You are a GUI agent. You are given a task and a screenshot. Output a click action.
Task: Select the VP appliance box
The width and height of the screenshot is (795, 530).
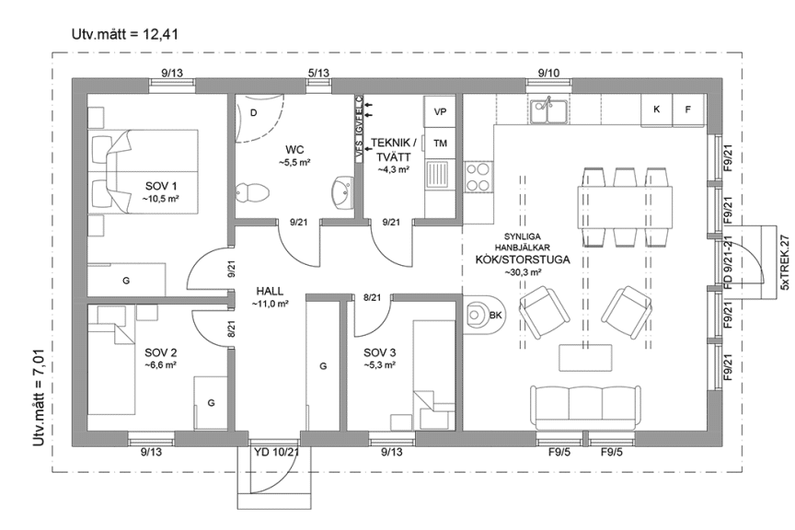[440, 112]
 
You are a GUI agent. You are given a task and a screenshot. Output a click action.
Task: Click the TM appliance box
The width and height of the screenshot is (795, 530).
[440, 144]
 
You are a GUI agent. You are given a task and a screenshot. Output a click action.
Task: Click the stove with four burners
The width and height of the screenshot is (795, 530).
[478, 175]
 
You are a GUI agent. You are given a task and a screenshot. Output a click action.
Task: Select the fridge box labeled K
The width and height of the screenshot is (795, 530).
[656, 109]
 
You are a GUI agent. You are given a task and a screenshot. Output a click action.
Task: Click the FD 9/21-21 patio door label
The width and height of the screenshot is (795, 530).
[728, 258]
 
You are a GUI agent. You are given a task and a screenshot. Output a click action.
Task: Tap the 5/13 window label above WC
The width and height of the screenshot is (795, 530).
[318, 73]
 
